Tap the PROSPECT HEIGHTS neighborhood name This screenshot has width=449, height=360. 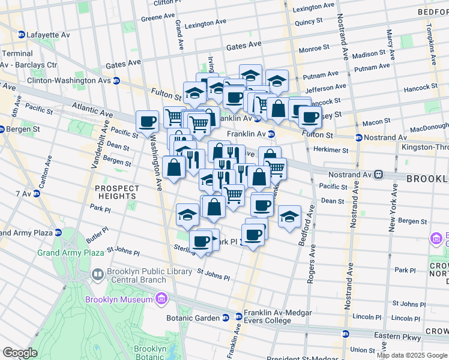tap(117, 192)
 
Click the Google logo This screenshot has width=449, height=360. tap(19, 352)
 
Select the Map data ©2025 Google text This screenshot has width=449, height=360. tap(412, 355)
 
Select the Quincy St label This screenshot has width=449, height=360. tap(309, 22)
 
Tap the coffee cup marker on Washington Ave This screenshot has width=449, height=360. tap(147, 122)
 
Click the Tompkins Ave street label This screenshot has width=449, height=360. tap(430, 45)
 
